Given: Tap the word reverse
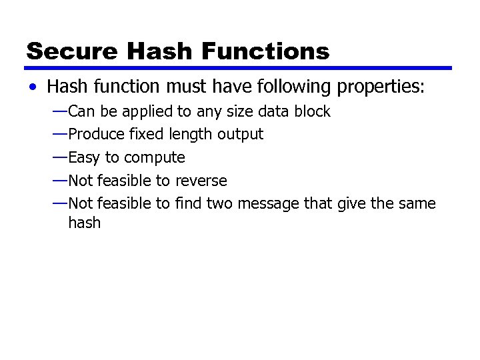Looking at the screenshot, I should pyautogui.click(x=201, y=181).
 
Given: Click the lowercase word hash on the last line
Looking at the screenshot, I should pyautogui.click(x=85, y=223).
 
